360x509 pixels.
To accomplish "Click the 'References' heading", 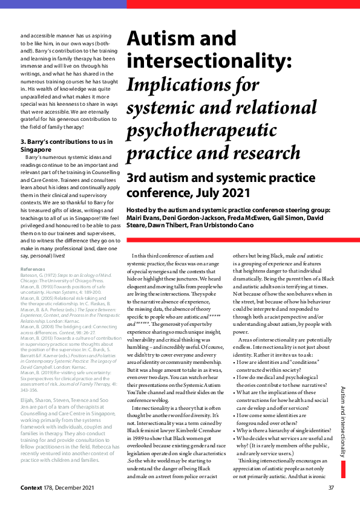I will pyautogui.click(x=33, y=268).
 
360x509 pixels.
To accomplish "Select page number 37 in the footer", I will pyautogui.click(x=331, y=488).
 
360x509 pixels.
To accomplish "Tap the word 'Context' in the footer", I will pyautogui.click(x=31, y=488).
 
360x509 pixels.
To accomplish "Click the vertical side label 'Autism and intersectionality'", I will pyautogui.click(x=342, y=421).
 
